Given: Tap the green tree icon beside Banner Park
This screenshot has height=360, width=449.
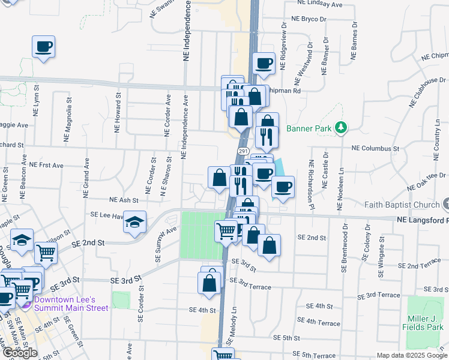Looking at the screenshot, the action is [x=342, y=127].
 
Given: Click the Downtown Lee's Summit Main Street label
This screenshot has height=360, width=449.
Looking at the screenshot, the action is [x=71, y=304].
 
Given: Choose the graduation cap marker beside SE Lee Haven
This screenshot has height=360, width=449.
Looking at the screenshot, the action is [x=135, y=223].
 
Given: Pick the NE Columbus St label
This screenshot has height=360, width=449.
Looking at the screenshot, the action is [x=375, y=148].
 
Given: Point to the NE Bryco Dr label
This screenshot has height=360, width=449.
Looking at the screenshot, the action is [x=309, y=19].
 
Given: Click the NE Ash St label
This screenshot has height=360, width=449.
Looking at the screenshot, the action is [x=124, y=200].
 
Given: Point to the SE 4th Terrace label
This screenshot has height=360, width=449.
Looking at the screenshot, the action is [x=323, y=322].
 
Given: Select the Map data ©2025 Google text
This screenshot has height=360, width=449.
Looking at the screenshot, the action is [x=411, y=355].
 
